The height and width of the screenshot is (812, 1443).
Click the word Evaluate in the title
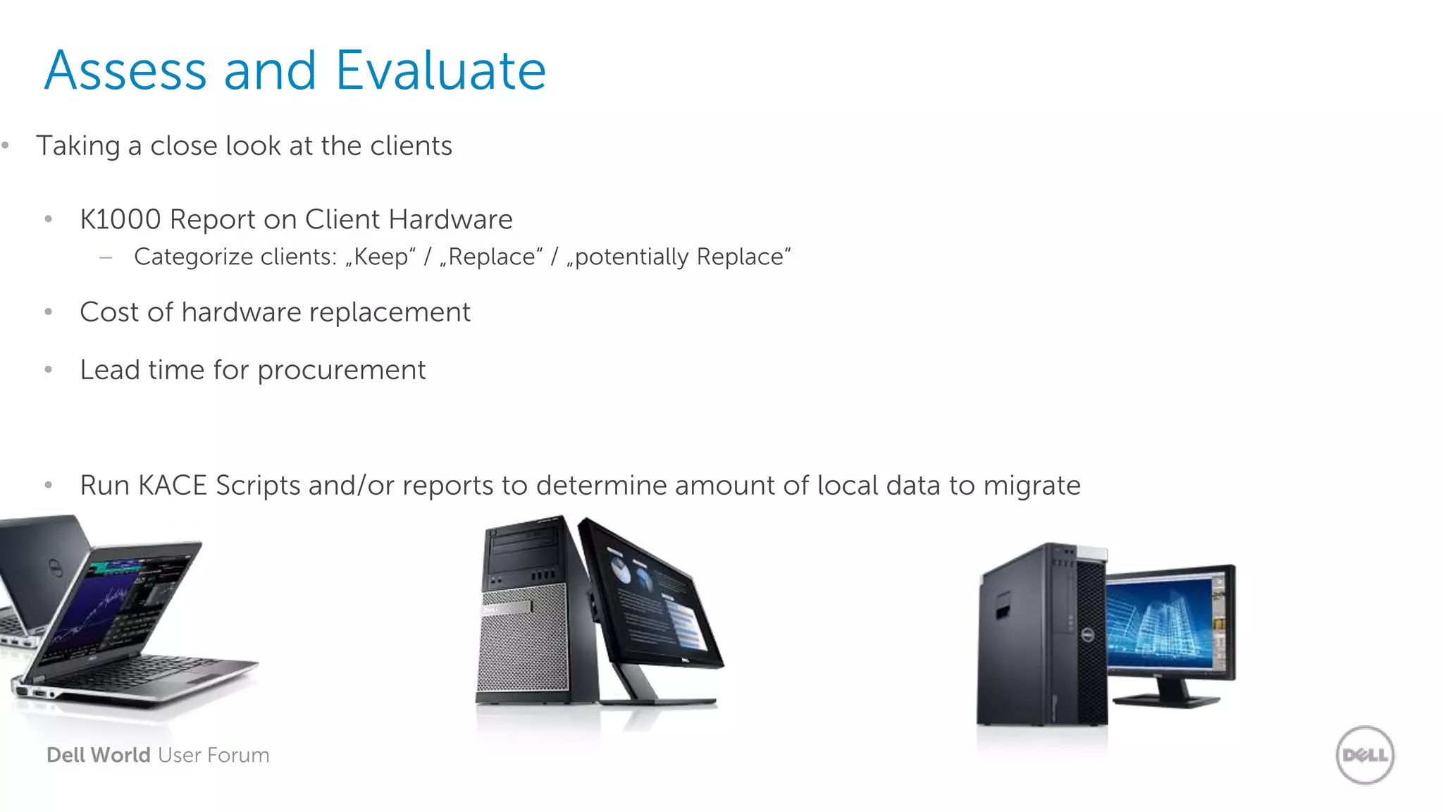click(x=440, y=70)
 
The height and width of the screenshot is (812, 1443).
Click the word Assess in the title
click(x=125, y=70)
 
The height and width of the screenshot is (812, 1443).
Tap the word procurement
click(x=342, y=370)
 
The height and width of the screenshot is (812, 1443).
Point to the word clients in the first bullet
click(x=411, y=146)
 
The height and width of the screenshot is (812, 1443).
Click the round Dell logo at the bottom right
click(x=1365, y=755)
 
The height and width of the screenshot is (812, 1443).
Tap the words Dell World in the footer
click(x=99, y=755)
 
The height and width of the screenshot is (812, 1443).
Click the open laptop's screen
click(x=113, y=606)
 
